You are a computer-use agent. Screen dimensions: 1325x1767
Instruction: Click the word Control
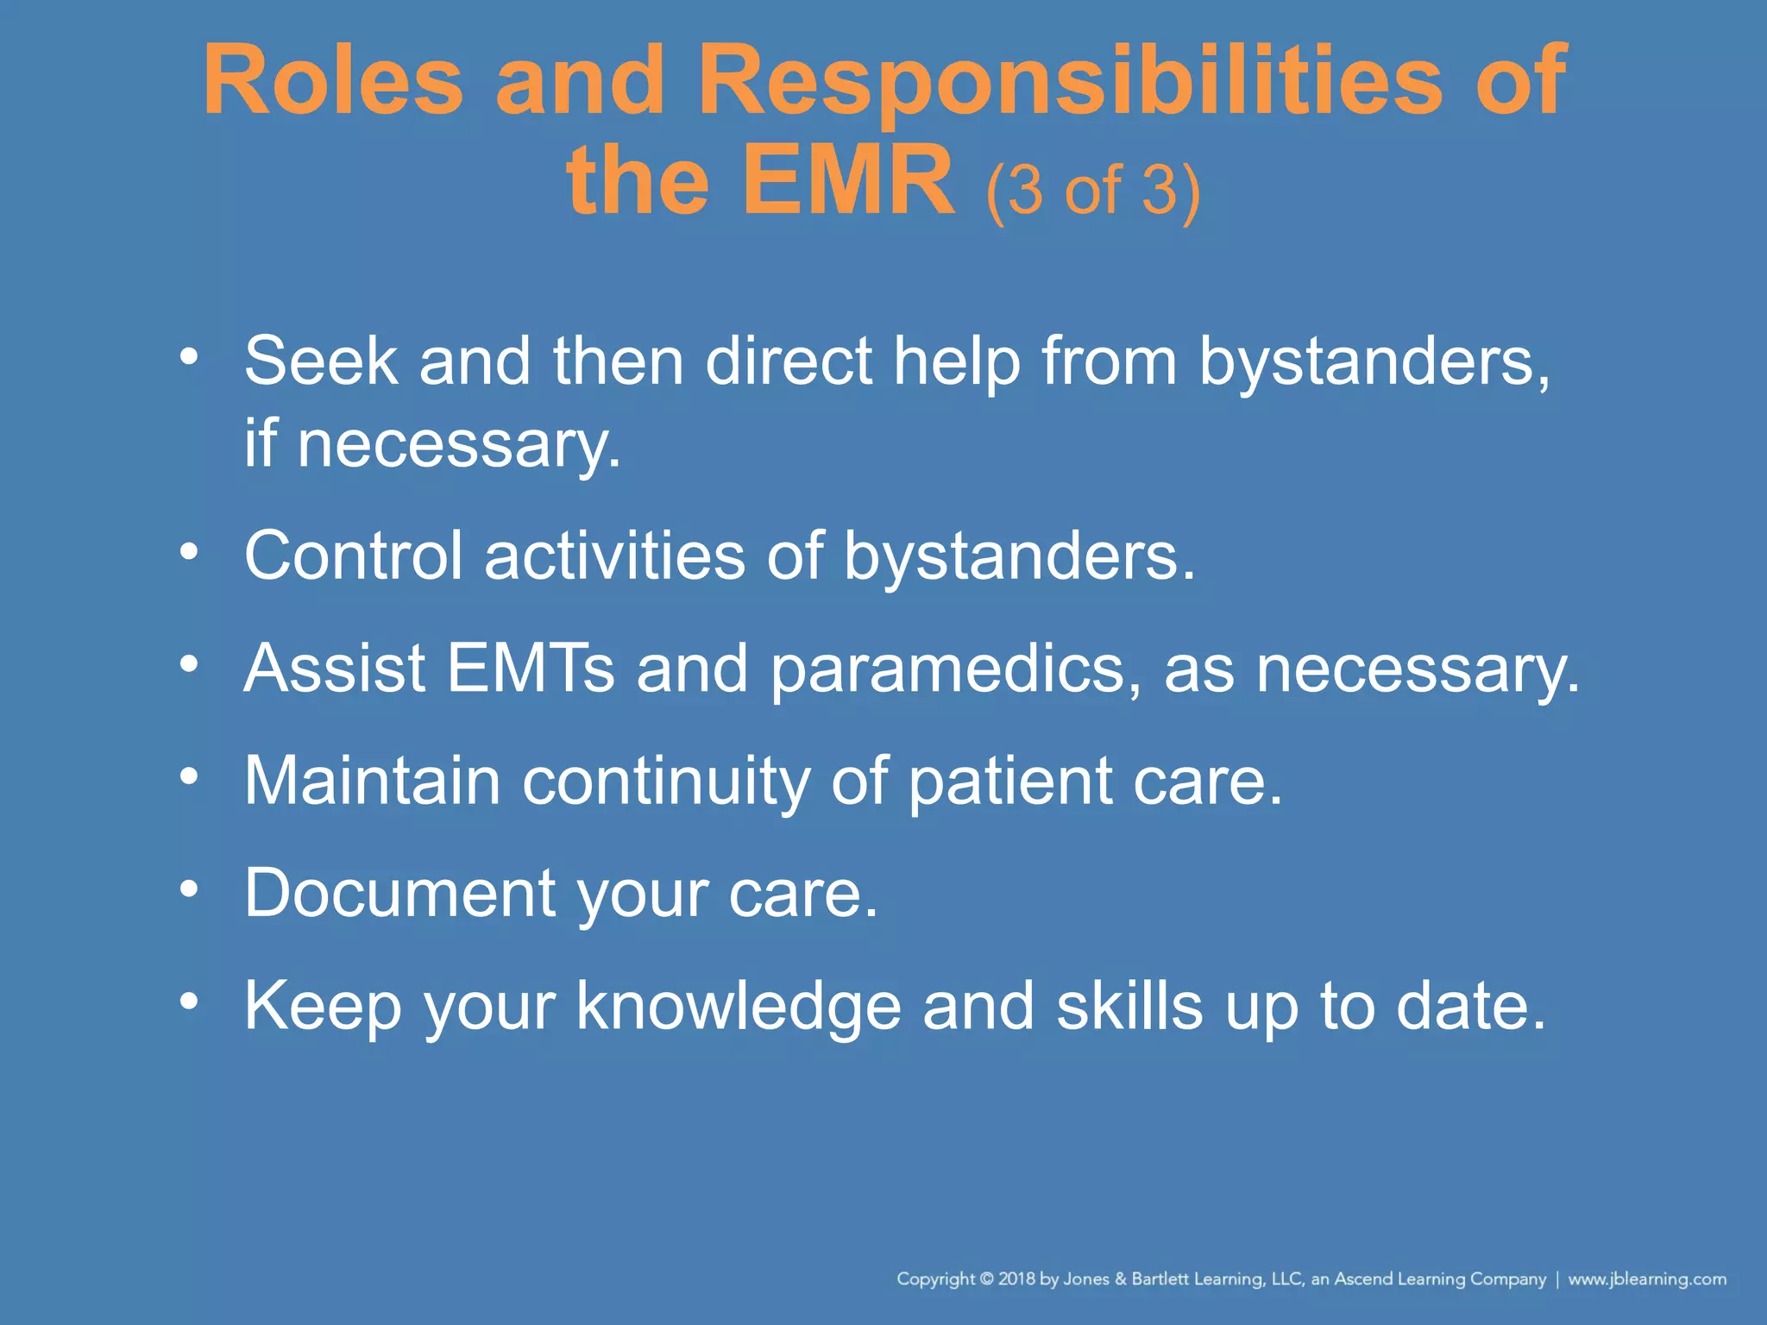click(354, 556)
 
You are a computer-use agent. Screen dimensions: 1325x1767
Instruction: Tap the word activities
click(614, 556)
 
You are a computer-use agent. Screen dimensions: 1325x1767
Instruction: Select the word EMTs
click(531, 669)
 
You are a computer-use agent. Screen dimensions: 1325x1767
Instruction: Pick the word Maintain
click(372, 781)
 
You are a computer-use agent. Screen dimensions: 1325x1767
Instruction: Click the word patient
click(1010, 782)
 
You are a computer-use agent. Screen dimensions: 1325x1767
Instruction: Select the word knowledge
click(739, 1008)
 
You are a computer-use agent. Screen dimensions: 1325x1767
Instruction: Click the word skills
click(1129, 1006)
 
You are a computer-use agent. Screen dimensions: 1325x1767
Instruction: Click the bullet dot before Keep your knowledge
click(189, 1002)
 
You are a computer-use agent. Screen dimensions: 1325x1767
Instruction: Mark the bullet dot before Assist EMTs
click(189, 663)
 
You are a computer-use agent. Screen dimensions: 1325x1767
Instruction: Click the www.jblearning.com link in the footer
click(1647, 1279)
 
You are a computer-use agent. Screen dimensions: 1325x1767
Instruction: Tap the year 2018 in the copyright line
click(1016, 1279)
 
